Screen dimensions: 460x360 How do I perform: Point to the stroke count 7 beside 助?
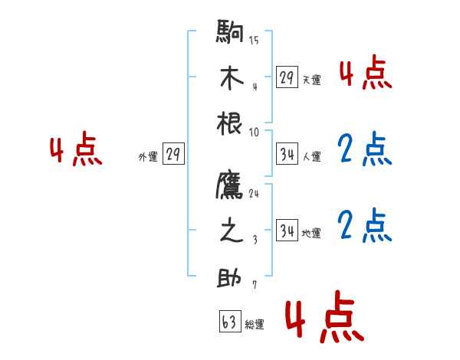(x=254, y=286)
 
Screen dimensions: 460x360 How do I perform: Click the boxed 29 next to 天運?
(x=287, y=77)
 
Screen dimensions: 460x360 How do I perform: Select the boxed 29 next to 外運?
(x=173, y=155)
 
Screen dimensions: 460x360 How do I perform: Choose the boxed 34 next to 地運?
(x=287, y=231)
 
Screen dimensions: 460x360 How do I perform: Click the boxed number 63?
(x=229, y=322)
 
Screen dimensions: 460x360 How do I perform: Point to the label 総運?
(x=255, y=325)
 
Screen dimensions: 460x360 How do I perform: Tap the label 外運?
(x=148, y=157)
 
